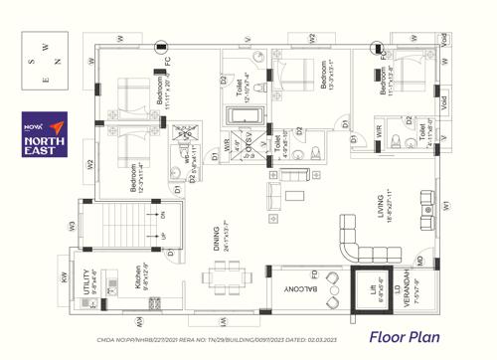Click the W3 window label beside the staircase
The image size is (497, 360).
pos(72,226)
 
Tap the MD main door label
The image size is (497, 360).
pos(420,262)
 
